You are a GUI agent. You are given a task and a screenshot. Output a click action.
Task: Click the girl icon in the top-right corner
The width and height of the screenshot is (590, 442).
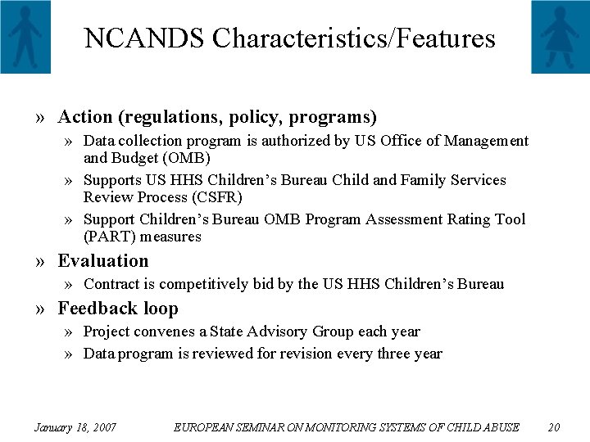(560, 36)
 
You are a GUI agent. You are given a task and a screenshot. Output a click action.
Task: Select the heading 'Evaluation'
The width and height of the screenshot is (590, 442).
(103, 261)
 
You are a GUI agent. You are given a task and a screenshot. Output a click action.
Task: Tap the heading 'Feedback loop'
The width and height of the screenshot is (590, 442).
(118, 309)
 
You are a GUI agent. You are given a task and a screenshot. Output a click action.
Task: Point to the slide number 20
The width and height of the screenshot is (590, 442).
(554, 427)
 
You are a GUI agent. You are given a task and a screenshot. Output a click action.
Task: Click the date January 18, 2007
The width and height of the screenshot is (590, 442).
(75, 427)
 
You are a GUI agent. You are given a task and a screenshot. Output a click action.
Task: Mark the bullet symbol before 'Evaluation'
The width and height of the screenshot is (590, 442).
(41, 262)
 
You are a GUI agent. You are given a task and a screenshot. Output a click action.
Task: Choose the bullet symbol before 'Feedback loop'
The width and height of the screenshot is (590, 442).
(41, 309)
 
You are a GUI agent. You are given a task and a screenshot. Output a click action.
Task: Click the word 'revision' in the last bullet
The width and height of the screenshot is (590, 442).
(314, 354)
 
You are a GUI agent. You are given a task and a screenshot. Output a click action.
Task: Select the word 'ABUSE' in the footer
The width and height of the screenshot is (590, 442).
(501, 427)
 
